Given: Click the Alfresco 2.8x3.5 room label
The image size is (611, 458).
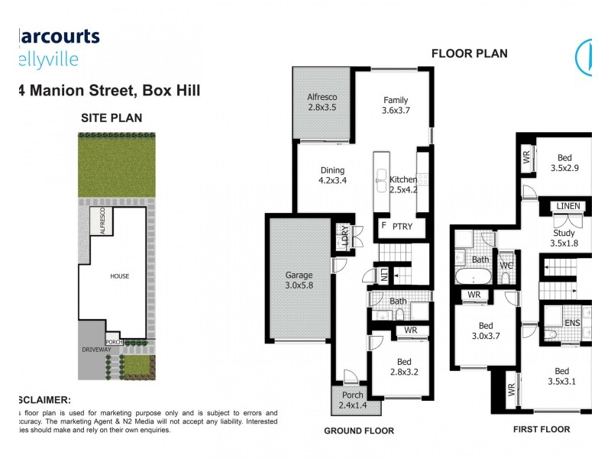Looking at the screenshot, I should click(322, 103).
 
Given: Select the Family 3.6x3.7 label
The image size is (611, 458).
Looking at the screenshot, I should click(396, 105).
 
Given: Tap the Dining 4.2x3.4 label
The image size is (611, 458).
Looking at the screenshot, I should click(332, 176).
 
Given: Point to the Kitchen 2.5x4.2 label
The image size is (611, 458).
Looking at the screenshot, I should click(402, 185).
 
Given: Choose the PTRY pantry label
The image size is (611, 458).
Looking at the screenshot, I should click(403, 226).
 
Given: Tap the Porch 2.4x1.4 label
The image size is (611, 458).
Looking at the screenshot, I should click(352, 400).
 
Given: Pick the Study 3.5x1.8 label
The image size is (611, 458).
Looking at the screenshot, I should click(564, 239).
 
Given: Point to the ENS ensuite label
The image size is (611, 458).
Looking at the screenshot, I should click(572, 323).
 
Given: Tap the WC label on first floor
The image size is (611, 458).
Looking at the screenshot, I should click(506, 266).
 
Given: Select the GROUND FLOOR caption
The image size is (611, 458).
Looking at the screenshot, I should click(359, 431).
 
